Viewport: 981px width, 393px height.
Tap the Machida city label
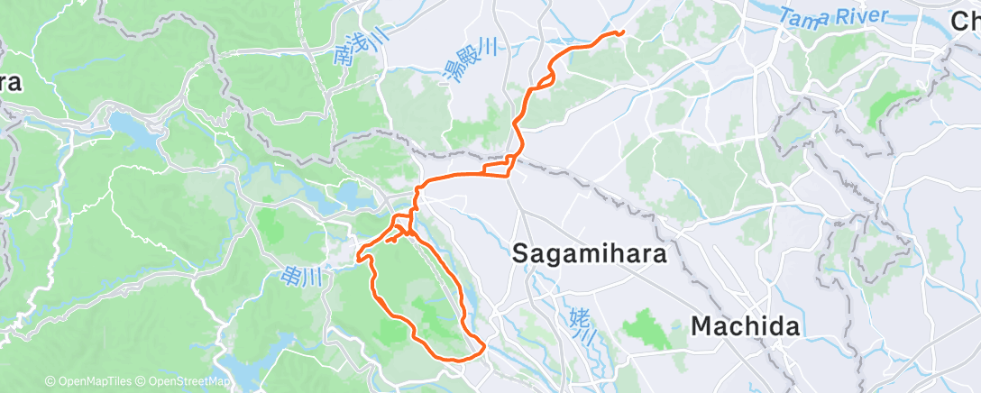tap(745, 325)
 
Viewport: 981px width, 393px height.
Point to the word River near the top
tap(860, 14)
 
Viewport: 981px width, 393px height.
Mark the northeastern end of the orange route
tap(621, 33)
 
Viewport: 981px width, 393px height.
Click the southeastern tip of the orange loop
tap(484, 347)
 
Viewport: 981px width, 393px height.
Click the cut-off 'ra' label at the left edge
tap(10, 83)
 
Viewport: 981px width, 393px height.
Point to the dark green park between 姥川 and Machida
tap(646, 328)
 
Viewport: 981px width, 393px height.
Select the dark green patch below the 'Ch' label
tap(886, 105)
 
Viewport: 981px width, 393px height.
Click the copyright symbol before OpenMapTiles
tap(50, 382)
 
